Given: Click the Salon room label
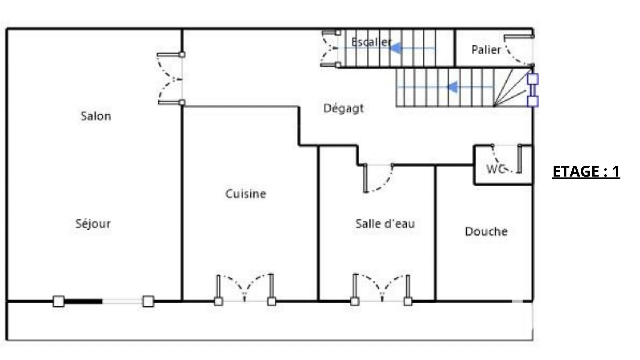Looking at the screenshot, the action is pos(96,116).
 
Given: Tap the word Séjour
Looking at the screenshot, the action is pos(93,223).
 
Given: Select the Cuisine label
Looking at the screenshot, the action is pos(246,194).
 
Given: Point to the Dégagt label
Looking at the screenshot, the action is pos(343,109).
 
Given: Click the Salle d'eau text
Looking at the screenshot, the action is pos(385,223).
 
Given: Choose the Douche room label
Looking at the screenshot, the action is pos(486,231).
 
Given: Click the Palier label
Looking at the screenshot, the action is pos(486,50).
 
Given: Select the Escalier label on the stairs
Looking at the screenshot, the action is pos(371,42).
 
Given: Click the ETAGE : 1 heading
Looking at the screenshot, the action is pos(586,171).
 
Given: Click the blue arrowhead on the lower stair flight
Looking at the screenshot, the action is pos(452,87).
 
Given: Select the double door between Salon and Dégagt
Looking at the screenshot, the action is pos(171,79).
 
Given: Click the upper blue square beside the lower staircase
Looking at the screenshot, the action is pos(533,79).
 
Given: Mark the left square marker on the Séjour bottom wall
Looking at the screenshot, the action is pos(59,301).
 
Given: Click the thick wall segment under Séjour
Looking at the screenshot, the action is pos(83,301).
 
